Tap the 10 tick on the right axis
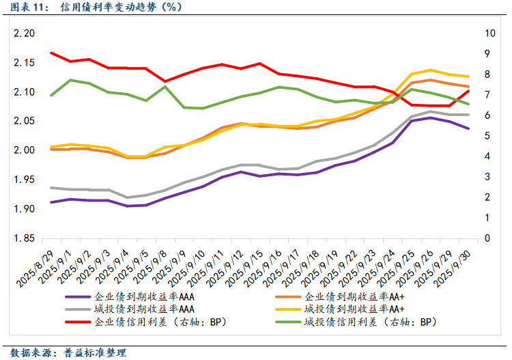click(x=490, y=33)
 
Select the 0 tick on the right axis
click(x=487, y=238)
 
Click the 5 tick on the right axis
click(x=487, y=136)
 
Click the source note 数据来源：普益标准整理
click(x=68, y=352)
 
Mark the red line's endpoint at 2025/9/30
click(x=468, y=91)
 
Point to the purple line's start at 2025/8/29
click(x=52, y=202)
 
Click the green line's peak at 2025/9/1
click(x=71, y=80)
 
